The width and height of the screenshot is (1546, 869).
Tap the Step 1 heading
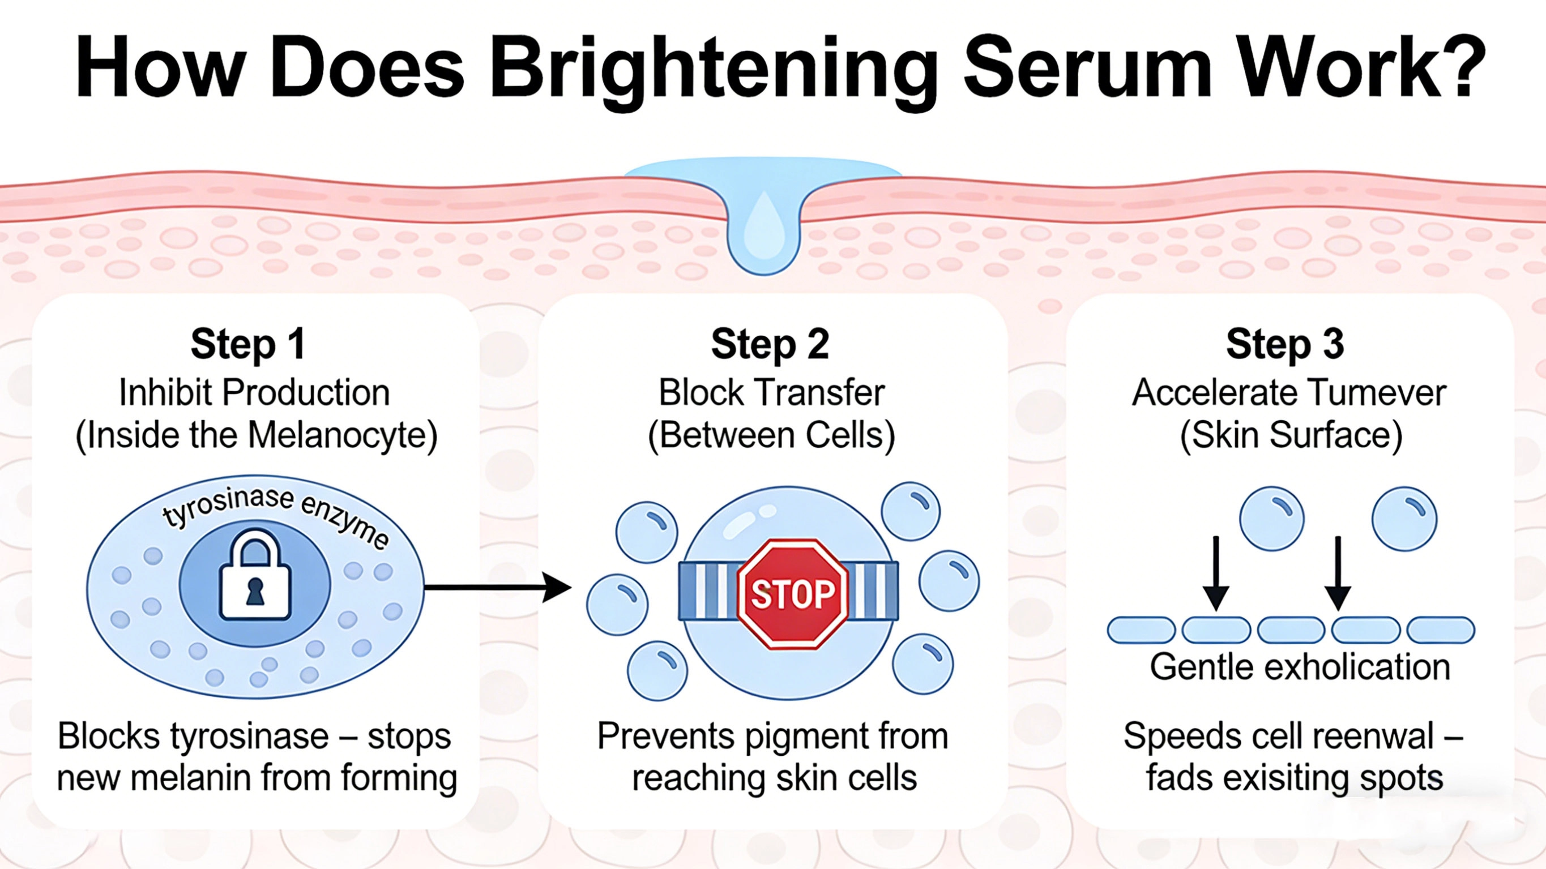coord(248,344)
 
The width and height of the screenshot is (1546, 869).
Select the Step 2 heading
coord(770,344)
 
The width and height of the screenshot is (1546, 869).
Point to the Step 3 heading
coord(1285,344)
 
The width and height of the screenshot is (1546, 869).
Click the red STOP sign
coord(792,594)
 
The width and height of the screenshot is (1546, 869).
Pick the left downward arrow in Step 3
coord(1216,573)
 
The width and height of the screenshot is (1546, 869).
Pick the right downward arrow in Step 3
coord(1338,573)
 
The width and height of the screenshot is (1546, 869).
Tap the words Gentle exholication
coord(1299,667)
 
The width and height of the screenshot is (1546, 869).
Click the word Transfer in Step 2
coord(820,393)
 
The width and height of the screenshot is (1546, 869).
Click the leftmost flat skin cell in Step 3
coord(1141,630)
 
